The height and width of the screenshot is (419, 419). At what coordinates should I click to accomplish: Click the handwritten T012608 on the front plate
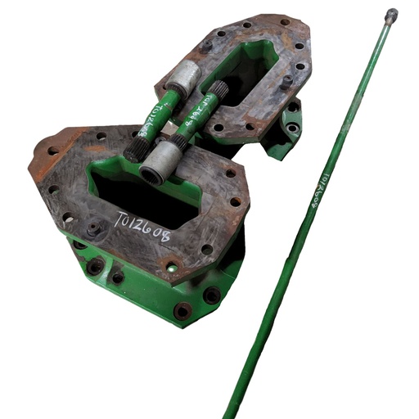coord(144,228)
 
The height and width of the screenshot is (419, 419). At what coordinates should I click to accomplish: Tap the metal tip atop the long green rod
coord(391,15)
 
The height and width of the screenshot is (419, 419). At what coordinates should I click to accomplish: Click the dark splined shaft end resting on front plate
coord(134,150)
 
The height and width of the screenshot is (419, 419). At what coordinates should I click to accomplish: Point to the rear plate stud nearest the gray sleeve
coord(208,46)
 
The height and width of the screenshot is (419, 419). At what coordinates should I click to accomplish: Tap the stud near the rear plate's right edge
coord(286,81)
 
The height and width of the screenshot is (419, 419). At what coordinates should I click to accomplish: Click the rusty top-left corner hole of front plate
coord(53,151)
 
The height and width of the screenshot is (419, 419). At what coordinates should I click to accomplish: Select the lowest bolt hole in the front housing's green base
coord(182,310)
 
